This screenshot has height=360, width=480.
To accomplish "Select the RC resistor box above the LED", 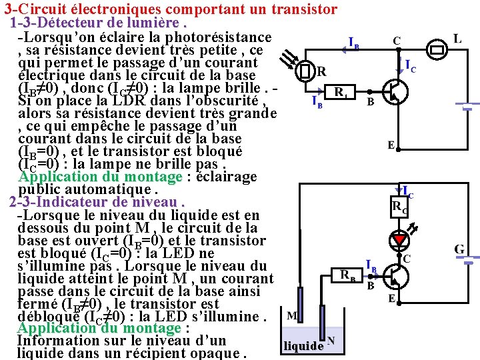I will (400, 207).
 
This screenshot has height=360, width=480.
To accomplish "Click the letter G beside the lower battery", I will (460, 249).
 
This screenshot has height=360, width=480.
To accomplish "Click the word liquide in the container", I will (303, 346).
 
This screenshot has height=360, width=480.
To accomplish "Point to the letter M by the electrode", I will (291, 315).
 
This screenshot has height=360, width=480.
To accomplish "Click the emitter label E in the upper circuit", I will (392, 145).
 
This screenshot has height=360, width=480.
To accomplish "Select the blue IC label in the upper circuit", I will (411, 65).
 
